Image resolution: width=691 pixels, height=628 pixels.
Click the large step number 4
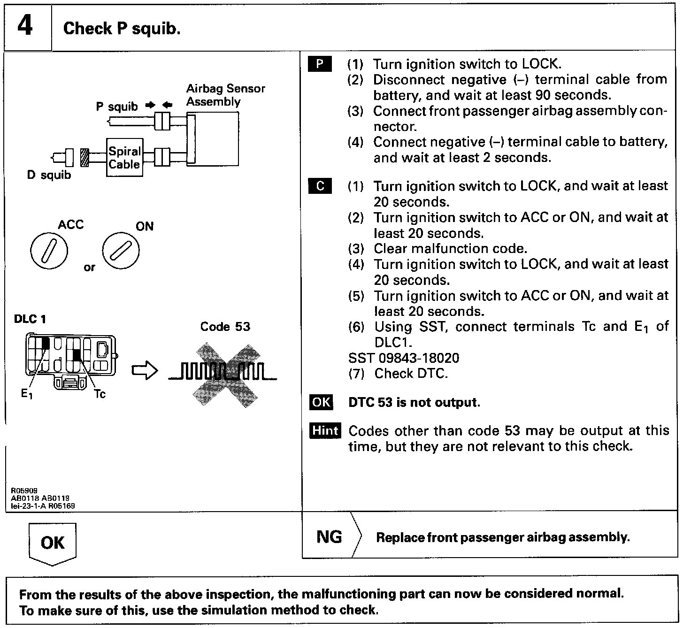25,26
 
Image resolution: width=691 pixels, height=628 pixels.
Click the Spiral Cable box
124,158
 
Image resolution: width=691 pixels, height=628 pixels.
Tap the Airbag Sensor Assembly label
225,95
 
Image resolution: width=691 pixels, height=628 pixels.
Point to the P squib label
117,107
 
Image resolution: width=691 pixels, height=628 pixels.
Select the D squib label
49,175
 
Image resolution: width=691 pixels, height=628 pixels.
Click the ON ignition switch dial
121,251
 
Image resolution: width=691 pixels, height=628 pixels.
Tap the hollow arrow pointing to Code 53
145,370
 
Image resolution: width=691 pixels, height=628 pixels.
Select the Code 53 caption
225,327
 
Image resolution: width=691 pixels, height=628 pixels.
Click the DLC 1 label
30,319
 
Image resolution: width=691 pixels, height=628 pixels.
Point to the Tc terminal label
100,394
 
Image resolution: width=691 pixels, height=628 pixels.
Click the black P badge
320,64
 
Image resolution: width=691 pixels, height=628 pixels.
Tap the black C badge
320,186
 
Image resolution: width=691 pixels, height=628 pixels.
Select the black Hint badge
325,430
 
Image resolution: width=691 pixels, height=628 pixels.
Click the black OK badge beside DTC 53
321,402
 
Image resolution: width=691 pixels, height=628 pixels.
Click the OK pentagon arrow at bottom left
52,543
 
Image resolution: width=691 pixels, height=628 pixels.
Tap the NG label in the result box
329,536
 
